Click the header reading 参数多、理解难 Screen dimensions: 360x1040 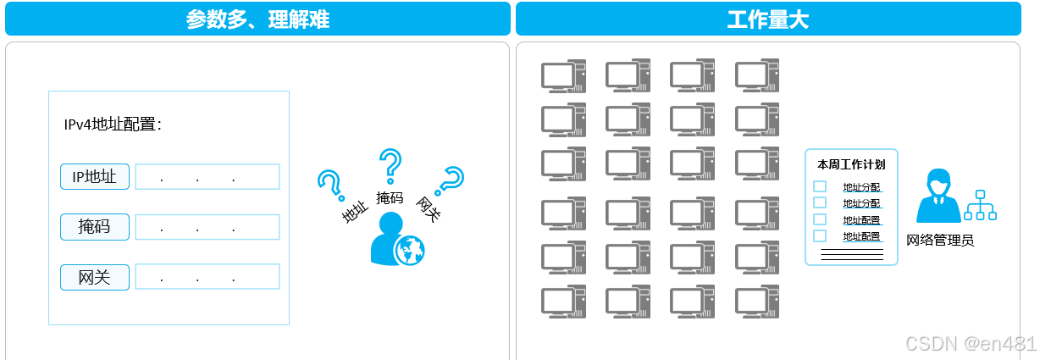[257, 19]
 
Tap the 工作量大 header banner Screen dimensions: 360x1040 [767, 19]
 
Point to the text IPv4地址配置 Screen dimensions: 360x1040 [113, 125]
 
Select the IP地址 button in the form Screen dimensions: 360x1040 [95, 177]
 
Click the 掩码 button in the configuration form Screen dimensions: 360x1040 [95, 227]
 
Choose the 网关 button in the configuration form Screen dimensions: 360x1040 [95, 277]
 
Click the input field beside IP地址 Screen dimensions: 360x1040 [207, 177]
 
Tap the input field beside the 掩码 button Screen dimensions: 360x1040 [207, 227]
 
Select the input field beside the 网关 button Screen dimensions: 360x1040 [207, 277]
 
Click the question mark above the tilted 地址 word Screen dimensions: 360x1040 [329, 183]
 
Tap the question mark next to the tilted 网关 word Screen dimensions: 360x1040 [450, 180]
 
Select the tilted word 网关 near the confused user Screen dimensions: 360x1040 [429, 208]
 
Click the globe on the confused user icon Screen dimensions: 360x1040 [410, 250]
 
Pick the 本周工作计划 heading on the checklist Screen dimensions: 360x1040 [851, 164]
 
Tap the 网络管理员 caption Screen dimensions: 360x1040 [940, 241]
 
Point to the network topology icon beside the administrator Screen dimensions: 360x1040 [981, 206]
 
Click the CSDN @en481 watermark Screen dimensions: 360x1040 [971, 343]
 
